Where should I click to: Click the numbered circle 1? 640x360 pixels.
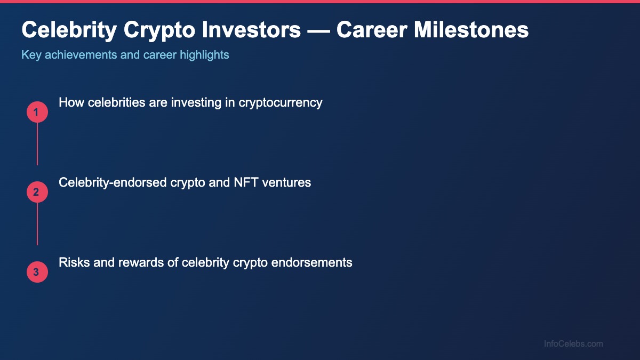(37, 112)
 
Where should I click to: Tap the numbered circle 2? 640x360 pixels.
(37, 192)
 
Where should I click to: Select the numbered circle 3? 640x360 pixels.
(37, 272)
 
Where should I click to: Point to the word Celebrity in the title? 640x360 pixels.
(69, 30)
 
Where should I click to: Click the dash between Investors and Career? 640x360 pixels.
(319, 31)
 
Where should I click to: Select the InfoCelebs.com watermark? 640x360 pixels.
(573, 344)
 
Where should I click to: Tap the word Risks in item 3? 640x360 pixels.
(74, 262)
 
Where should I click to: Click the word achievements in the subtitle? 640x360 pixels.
(78, 54)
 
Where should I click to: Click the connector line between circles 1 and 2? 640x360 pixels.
(37, 144)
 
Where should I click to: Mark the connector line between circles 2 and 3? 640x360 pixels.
(37, 224)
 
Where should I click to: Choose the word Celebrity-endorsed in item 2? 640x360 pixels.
(113, 182)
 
